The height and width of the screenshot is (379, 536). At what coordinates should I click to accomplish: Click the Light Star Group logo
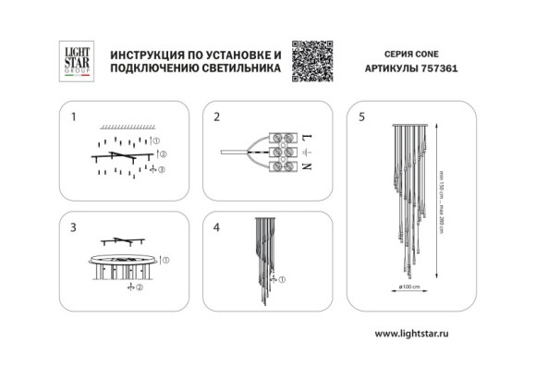75,60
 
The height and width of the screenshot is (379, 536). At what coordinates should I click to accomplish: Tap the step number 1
73,117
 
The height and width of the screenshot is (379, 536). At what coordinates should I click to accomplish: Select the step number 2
217,117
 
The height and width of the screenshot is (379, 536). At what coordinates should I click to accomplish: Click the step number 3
73,226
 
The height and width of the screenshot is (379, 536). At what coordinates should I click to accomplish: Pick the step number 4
217,226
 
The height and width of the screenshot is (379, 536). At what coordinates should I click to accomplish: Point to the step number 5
361,117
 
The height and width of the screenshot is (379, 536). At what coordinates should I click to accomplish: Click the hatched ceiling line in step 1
127,125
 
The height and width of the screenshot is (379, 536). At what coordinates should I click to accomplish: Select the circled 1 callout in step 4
284,278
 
